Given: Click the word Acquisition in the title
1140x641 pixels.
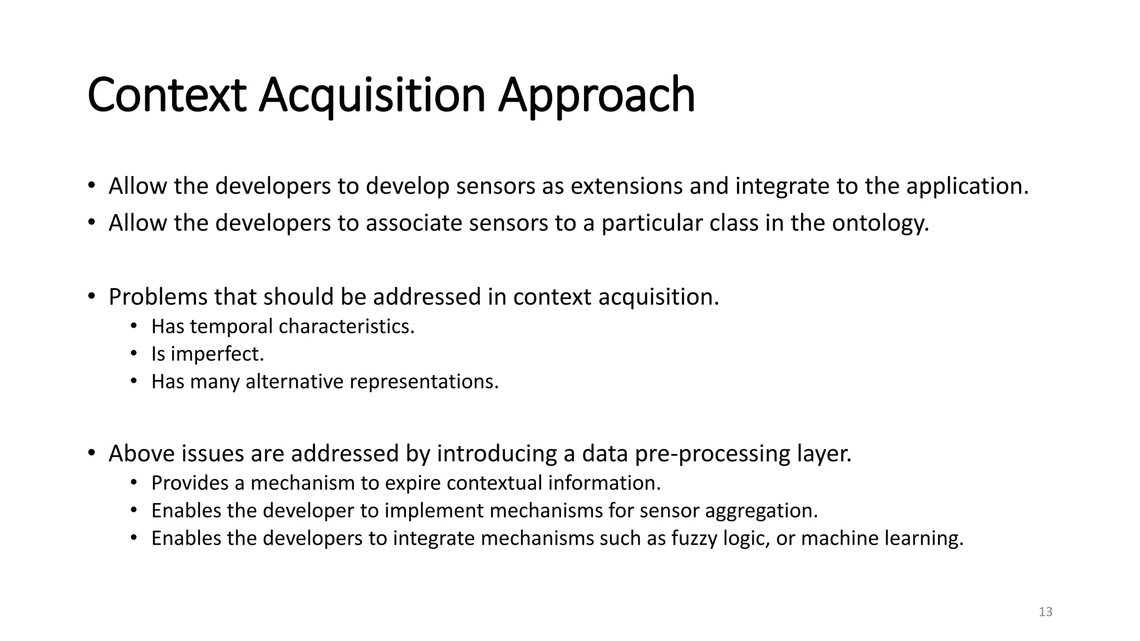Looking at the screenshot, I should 372,96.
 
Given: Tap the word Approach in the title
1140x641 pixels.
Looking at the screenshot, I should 596,96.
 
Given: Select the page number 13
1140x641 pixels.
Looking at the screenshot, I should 1045,612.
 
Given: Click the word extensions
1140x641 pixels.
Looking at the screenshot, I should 626,186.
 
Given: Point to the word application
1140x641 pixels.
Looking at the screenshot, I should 967,186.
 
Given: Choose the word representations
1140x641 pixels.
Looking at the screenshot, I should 424,382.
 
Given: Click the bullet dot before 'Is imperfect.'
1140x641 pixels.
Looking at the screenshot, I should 134,353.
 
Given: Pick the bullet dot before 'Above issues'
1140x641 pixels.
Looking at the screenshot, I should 91,453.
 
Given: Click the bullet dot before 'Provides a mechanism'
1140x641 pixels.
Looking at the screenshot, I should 134,482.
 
